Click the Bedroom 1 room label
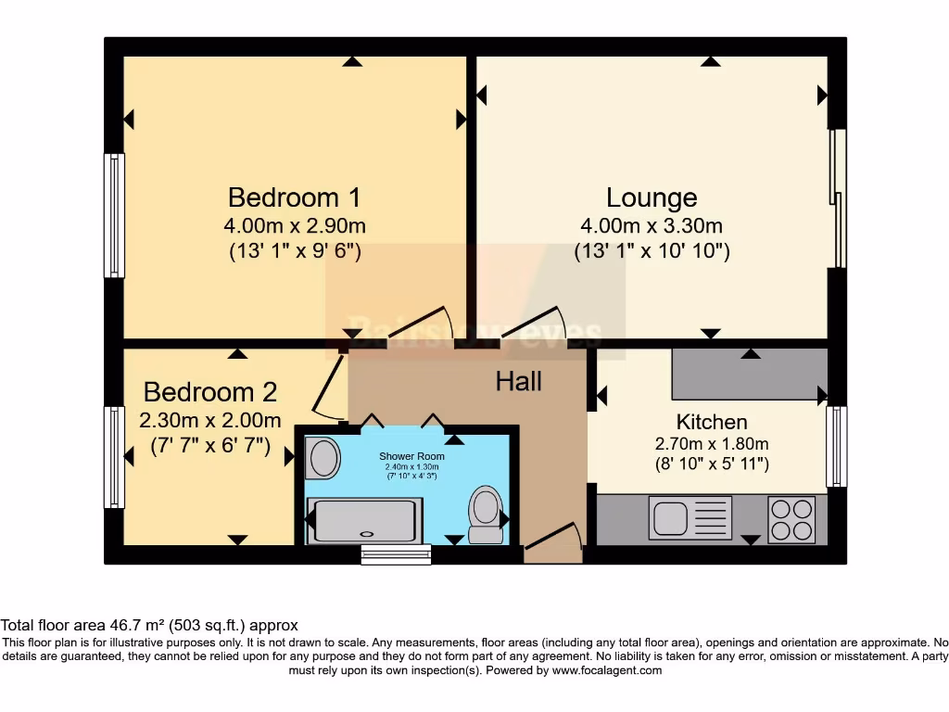click(x=294, y=197)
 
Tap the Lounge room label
click(x=652, y=197)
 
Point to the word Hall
click(x=518, y=381)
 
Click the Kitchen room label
click(x=711, y=422)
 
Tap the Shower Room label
click(x=411, y=456)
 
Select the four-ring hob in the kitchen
click(x=791, y=519)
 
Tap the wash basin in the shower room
click(x=323, y=459)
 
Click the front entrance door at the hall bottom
click(x=553, y=541)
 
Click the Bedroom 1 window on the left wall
click(x=114, y=215)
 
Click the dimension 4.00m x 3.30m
click(x=652, y=226)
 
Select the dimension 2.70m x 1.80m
click(x=711, y=444)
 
